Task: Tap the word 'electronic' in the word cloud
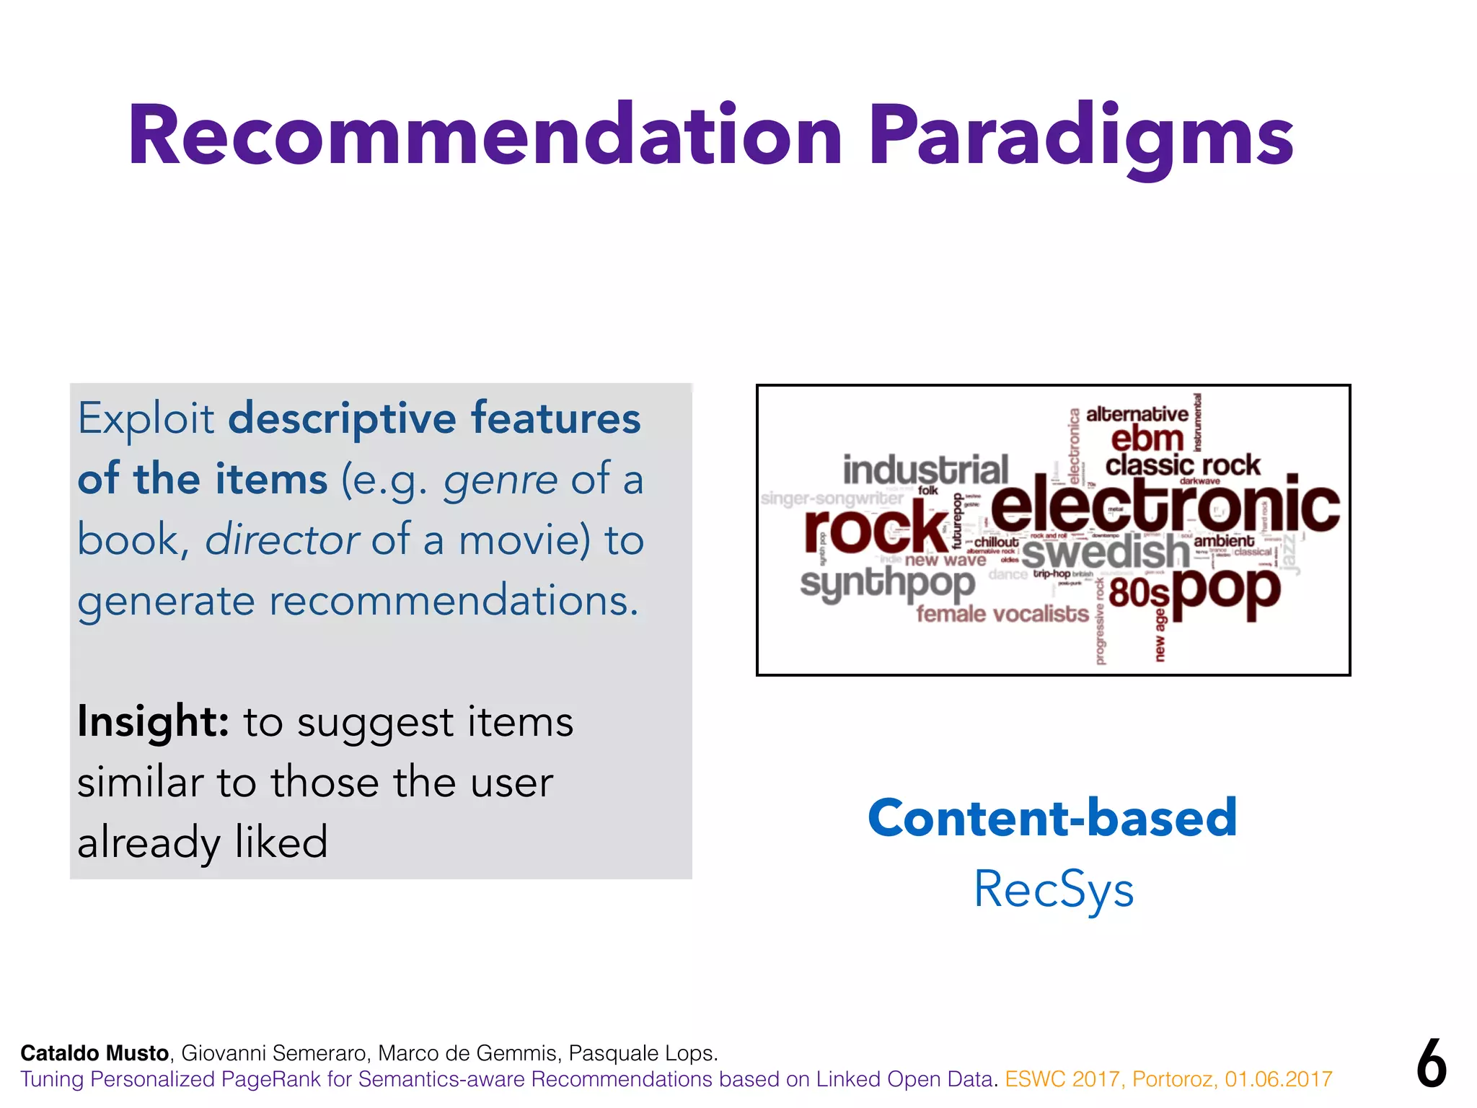tap(1165, 506)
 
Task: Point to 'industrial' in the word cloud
tap(925, 470)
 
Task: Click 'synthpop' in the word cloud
tap(887, 583)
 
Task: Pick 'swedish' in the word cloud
tap(1105, 553)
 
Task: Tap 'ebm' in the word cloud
tap(1147, 439)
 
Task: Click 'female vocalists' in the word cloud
tap(1002, 615)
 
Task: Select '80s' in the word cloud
tap(1139, 594)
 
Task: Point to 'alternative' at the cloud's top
tap(1137, 414)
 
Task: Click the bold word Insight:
tap(153, 721)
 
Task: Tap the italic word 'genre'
tap(500, 480)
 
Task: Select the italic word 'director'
tap(281, 540)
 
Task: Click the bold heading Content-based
tap(1052, 818)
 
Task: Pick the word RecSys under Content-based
tap(1054, 889)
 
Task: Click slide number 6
tap(1431, 1064)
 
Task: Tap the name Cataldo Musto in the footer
tap(94, 1053)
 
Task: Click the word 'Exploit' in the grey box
tap(146, 418)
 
